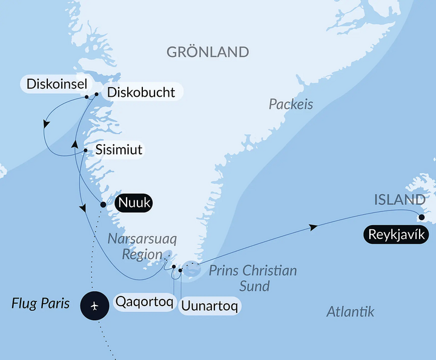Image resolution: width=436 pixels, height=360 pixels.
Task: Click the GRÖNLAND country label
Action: [x=208, y=52]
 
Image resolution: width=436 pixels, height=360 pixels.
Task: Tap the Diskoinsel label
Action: [x=53, y=83]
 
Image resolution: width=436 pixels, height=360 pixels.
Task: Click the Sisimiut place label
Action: [x=119, y=149]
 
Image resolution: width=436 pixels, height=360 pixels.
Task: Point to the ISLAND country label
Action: [x=398, y=200]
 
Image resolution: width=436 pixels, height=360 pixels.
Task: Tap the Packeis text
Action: [x=291, y=105]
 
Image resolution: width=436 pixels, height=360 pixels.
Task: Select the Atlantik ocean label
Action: [x=350, y=312]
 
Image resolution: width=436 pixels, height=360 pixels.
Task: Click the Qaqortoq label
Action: [x=144, y=301]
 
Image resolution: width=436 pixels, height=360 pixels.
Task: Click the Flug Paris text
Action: [x=41, y=303]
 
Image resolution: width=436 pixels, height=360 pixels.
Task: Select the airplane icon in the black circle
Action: [x=94, y=306]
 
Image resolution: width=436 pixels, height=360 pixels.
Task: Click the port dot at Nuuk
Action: [x=103, y=205]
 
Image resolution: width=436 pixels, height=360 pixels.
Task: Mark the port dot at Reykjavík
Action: [x=421, y=217]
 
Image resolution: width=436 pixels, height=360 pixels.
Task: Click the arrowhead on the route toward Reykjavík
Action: [x=313, y=227]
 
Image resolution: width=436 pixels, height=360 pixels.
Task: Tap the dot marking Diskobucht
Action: [x=96, y=94]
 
